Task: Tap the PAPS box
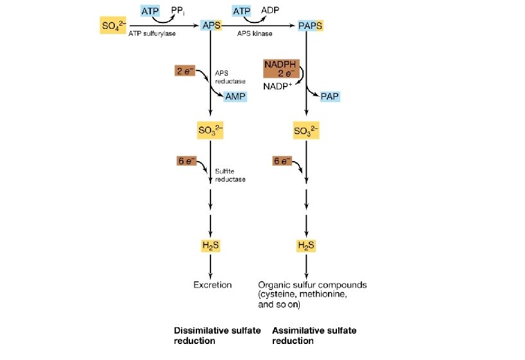[x=311, y=26]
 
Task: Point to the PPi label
[x=178, y=10]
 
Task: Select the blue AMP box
[x=235, y=97]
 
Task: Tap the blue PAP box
[x=330, y=97]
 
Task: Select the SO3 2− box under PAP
[x=306, y=132]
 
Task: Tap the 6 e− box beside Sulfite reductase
[x=186, y=160]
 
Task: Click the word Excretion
[x=212, y=284]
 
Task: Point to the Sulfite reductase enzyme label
[x=230, y=175]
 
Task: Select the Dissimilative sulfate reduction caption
[x=217, y=336]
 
